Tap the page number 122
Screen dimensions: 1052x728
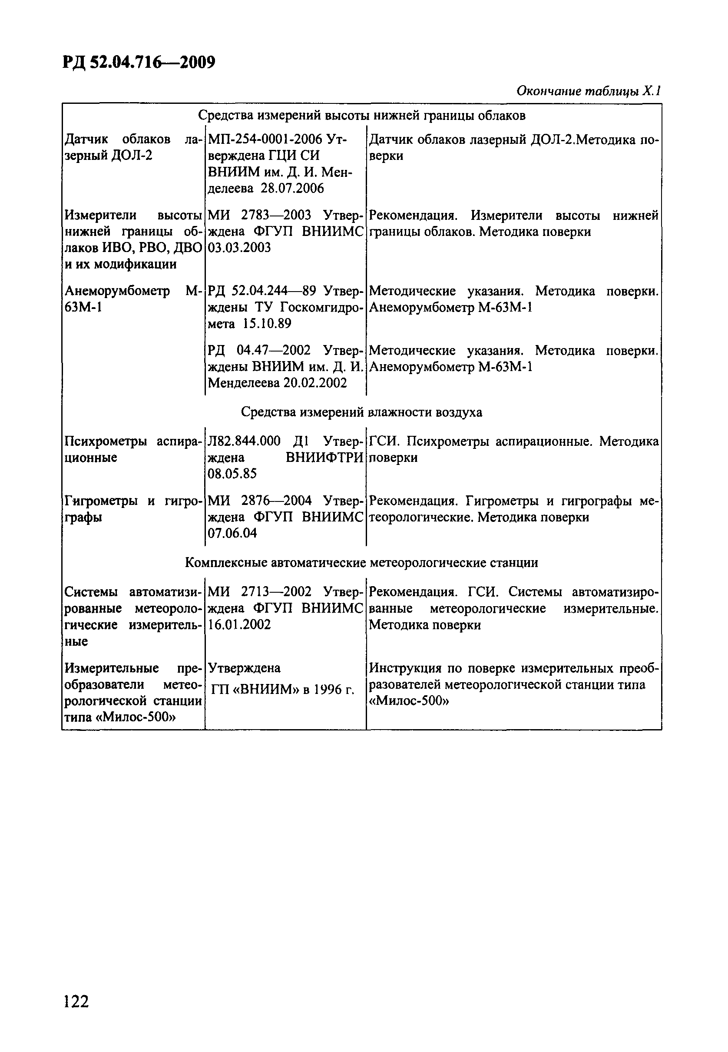[76, 1001]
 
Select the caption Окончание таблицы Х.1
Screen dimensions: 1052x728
[589, 91]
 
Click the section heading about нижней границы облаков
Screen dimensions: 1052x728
[361, 116]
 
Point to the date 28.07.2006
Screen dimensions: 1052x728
[292, 188]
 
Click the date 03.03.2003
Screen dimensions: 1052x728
[239, 247]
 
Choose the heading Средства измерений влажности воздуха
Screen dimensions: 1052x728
[361, 412]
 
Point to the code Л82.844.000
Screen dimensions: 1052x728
[244, 441]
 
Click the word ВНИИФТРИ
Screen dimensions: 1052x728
[324, 457]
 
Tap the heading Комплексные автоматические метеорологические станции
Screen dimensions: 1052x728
[361, 562]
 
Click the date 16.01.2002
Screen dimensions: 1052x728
[239, 624]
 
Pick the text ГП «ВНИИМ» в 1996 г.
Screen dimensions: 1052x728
[283, 689]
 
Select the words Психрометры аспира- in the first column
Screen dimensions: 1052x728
[133, 441]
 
